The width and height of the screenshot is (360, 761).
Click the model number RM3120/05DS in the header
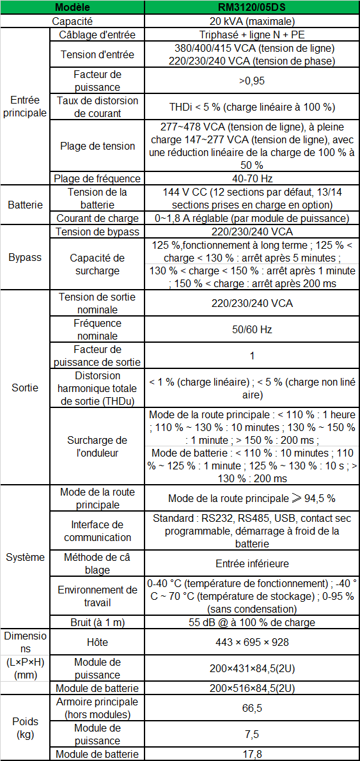(252, 7)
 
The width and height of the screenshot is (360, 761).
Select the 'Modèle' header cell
(72, 7)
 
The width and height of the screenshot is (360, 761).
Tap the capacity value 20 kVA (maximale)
(252, 21)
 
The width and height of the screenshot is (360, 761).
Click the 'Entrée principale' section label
(25, 106)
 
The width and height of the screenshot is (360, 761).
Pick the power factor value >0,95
(252, 81)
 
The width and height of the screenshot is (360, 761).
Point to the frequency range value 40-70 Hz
(252, 178)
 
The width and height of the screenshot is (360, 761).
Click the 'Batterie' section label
(25, 205)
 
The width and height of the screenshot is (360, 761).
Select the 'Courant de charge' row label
(97, 218)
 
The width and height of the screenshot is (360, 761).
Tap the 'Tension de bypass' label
(97, 231)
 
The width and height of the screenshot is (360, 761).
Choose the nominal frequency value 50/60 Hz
(252, 329)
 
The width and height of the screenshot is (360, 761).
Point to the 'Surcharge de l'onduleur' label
(97, 446)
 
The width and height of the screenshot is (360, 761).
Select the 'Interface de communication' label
(97, 531)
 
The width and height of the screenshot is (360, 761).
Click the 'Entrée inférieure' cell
(252, 563)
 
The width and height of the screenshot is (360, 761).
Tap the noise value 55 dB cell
(252, 622)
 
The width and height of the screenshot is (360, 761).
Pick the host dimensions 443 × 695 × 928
(252, 641)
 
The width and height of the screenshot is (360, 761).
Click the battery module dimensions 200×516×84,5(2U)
(252, 688)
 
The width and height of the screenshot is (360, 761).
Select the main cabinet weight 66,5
(252, 708)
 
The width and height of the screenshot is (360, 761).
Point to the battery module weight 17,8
(252, 754)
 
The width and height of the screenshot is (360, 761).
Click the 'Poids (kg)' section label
(25, 728)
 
